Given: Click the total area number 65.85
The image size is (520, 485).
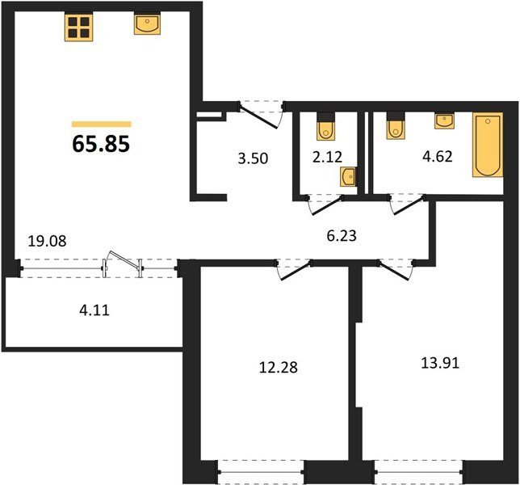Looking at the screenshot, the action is pyautogui.click(x=101, y=145).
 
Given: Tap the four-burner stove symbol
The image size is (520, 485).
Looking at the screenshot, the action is pyautogui.click(x=78, y=27).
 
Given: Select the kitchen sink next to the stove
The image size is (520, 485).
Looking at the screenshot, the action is pyautogui.click(x=147, y=23).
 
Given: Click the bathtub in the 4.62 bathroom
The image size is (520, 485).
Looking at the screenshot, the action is pyautogui.click(x=488, y=145).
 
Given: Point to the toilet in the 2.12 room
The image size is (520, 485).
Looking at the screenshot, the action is pyautogui.click(x=326, y=127).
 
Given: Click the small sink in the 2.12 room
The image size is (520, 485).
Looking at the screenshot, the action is pyautogui.click(x=348, y=176).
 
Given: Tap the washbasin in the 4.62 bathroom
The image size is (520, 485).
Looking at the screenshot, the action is pyautogui.click(x=444, y=120).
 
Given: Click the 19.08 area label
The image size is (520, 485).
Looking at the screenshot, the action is pyautogui.click(x=47, y=241).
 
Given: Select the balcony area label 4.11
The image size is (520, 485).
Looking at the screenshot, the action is pyautogui.click(x=94, y=310).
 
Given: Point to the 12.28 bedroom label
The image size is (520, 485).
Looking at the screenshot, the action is pyautogui.click(x=279, y=368).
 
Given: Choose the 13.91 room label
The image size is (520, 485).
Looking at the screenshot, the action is pyautogui.click(x=440, y=363).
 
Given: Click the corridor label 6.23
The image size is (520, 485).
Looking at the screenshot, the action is pyautogui.click(x=342, y=236).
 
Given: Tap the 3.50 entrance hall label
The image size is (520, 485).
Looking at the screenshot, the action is pyautogui.click(x=253, y=158).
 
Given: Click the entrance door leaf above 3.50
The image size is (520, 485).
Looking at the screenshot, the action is pyautogui.click(x=258, y=117).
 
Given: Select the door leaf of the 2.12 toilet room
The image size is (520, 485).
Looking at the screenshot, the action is pyautogui.click(x=327, y=206).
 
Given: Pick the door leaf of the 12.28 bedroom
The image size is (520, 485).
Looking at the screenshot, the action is pyautogui.click(x=296, y=272).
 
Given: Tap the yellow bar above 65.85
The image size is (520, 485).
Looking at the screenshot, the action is pyautogui.click(x=102, y=124).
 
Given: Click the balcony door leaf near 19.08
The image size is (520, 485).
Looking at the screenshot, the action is pyautogui.click(x=124, y=259).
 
